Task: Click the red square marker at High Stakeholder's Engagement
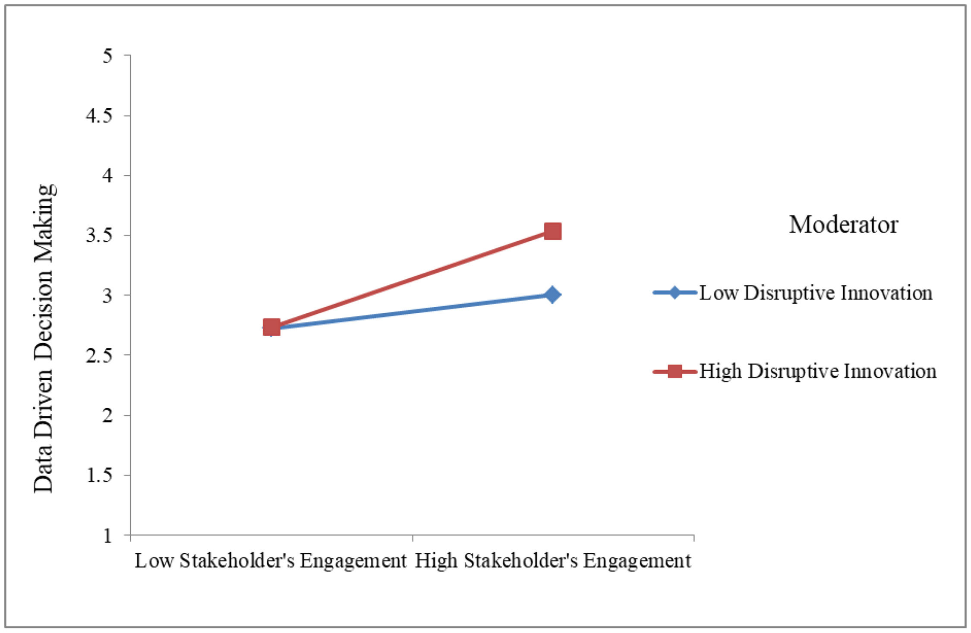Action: coord(552,231)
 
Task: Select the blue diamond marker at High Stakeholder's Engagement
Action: coord(552,295)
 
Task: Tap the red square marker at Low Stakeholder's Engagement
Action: coord(271,328)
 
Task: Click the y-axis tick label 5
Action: coord(107,56)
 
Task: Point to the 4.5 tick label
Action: coord(99,116)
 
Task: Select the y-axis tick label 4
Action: coord(107,176)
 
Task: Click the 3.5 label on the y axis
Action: coord(99,236)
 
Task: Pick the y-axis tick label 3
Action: coord(107,296)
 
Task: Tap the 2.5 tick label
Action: coord(99,356)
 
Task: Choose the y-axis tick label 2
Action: coord(107,416)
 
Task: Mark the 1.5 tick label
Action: coord(99,476)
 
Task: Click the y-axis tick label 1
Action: coord(107,535)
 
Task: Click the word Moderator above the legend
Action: coord(844,224)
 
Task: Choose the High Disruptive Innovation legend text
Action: coord(818,371)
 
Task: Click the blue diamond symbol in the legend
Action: coord(675,293)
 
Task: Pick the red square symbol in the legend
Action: coord(675,371)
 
